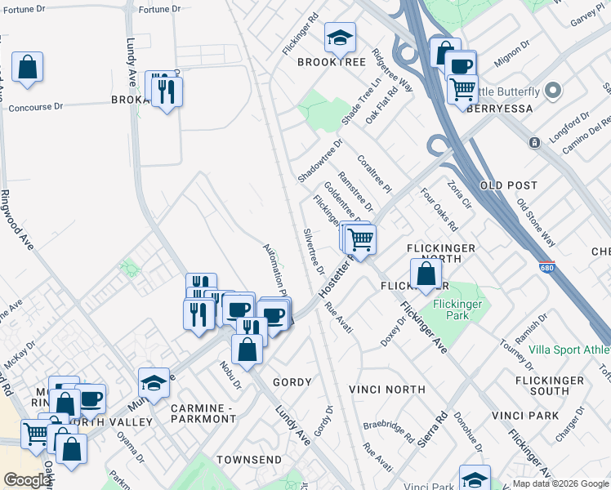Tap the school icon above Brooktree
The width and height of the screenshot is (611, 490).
pos(340,38)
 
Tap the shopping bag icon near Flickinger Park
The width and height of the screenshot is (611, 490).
pos(426,274)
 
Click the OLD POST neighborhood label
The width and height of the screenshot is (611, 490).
pos(512,186)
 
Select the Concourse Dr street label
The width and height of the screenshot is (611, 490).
pos(35,107)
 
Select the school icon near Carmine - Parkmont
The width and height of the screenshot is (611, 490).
pos(153,384)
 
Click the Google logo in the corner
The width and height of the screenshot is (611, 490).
pos(28,480)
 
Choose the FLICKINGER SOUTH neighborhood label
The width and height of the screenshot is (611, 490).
pos(550,385)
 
